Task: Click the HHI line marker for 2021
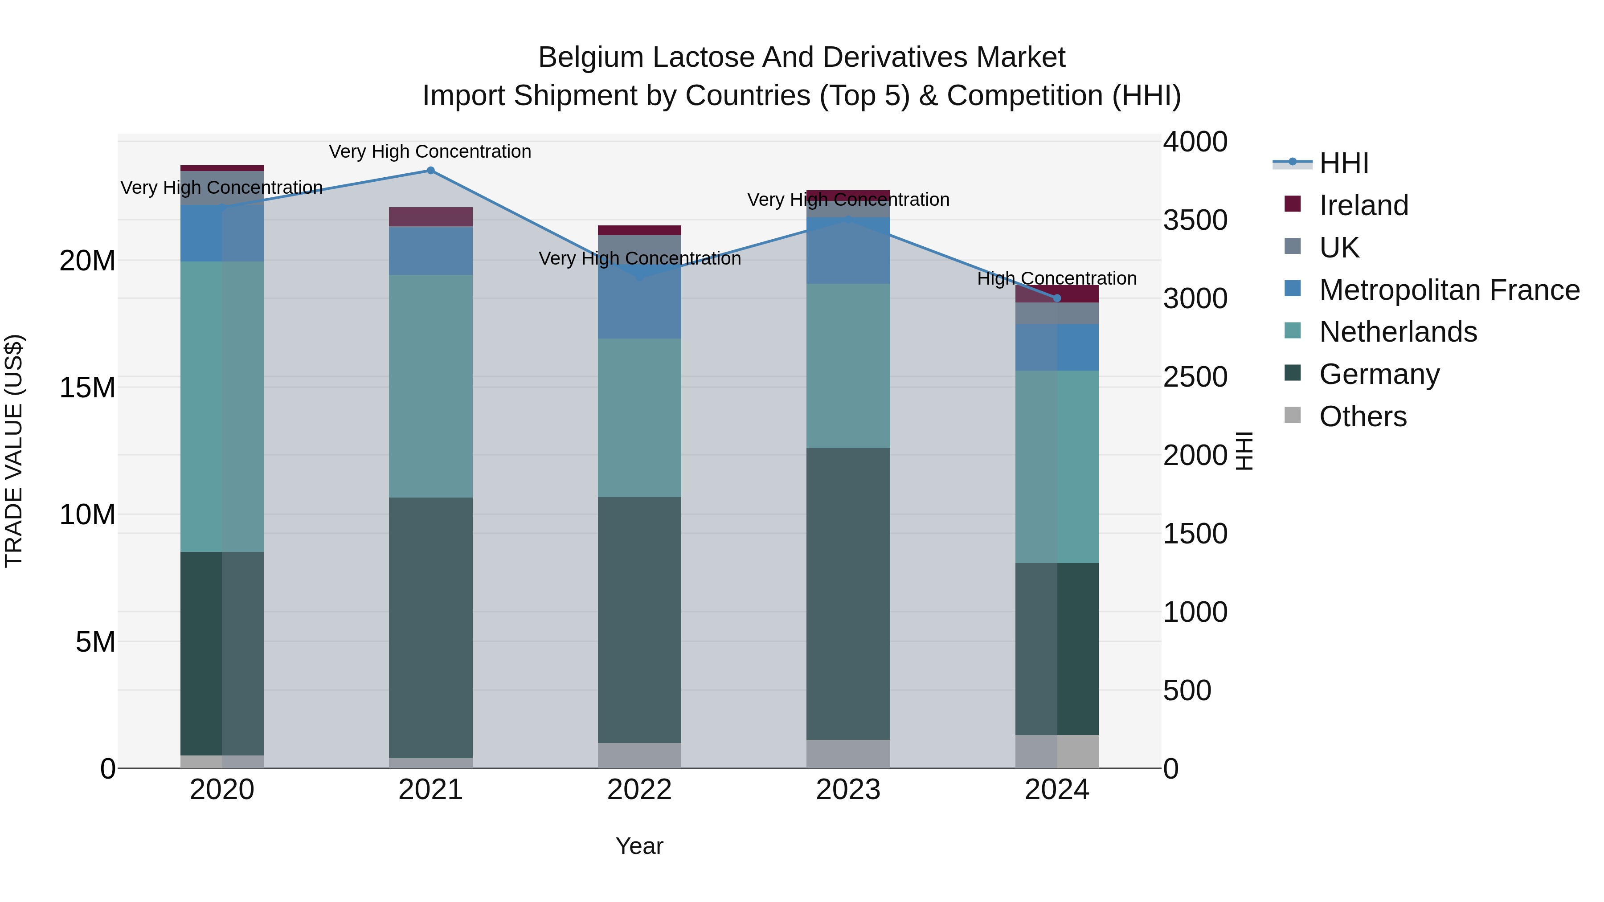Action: click(430, 171)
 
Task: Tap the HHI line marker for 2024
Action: click(1057, 298)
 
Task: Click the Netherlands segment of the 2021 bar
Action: click(430, 386)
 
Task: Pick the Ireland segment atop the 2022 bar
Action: click(639, 230)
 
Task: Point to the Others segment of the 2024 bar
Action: click(1057, 751)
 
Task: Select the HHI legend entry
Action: click(1344, 163)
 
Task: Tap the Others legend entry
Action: click(1363, 416)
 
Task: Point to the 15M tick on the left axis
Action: click(87, 388)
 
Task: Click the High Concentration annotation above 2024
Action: click(1057, 278)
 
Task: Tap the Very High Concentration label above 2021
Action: click(430, 151)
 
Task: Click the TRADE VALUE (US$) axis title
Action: click(14, 451)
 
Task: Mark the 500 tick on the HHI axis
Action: click(1187, 691)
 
